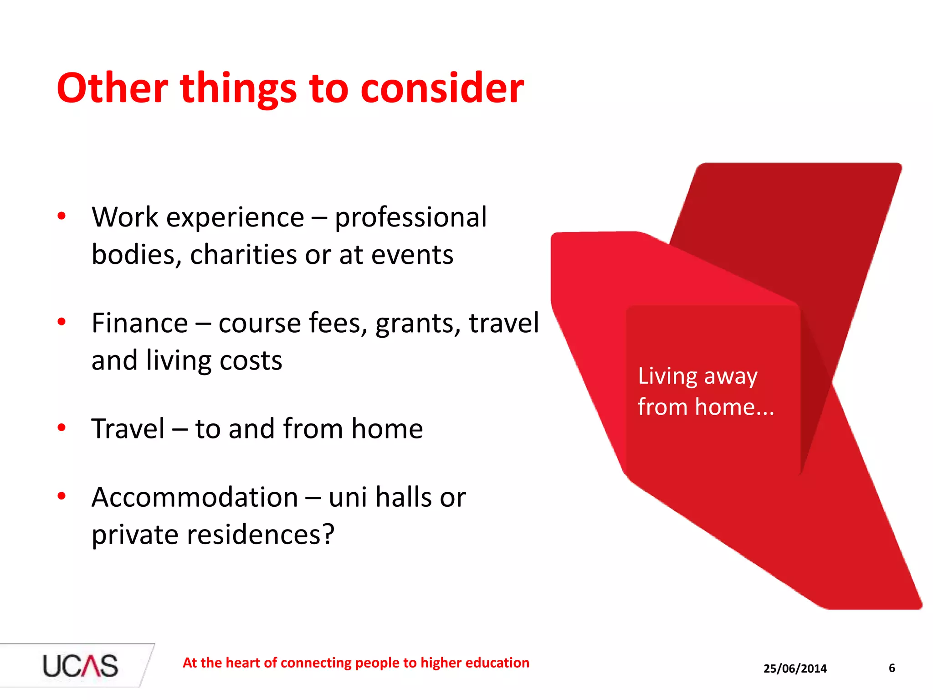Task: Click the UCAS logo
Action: (80, 666)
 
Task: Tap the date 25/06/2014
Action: (795, 669)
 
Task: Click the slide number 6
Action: (892, 668)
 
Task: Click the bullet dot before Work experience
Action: (62, 216)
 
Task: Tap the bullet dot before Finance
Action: (62, 322)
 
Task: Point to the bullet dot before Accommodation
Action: (62, 496)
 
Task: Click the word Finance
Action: (139, 323)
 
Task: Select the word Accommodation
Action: (195, 497)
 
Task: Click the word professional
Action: (410, 218)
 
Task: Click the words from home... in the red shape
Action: (705, 407)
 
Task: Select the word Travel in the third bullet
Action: (128, 429)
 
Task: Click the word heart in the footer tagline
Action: (244, 663)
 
